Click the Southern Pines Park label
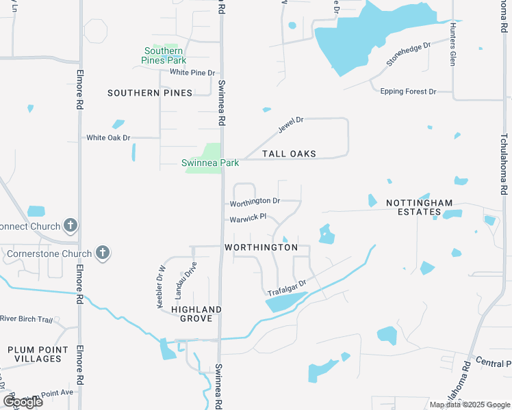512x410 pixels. click(x=164, y=55)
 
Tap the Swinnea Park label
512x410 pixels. click(x=210, y=163)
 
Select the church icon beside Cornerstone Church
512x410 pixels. click(x=103, y=254)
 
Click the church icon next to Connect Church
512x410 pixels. click(x=70, y=225)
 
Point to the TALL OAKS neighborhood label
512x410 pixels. click(x=289, y=154)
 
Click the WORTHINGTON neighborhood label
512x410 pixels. click(x=261, y=247)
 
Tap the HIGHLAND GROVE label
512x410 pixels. click(x=196, y=314)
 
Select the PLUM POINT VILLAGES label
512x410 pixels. click(x=38, y=354)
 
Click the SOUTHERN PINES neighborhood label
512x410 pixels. click(x=149, y=92)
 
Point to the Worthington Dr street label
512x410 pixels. click(x=255, y=202)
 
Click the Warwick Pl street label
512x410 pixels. click(x=247, y=219)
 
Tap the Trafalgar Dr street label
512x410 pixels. click(x=285, y=287)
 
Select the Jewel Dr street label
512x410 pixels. click(x=290, y=125)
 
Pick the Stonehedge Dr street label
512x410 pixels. click(x=408, y=53)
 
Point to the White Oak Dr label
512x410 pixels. click(x=108, y=137)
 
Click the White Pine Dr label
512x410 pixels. click(x=192, y=72)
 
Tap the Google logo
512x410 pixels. click(x=23, y=402)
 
